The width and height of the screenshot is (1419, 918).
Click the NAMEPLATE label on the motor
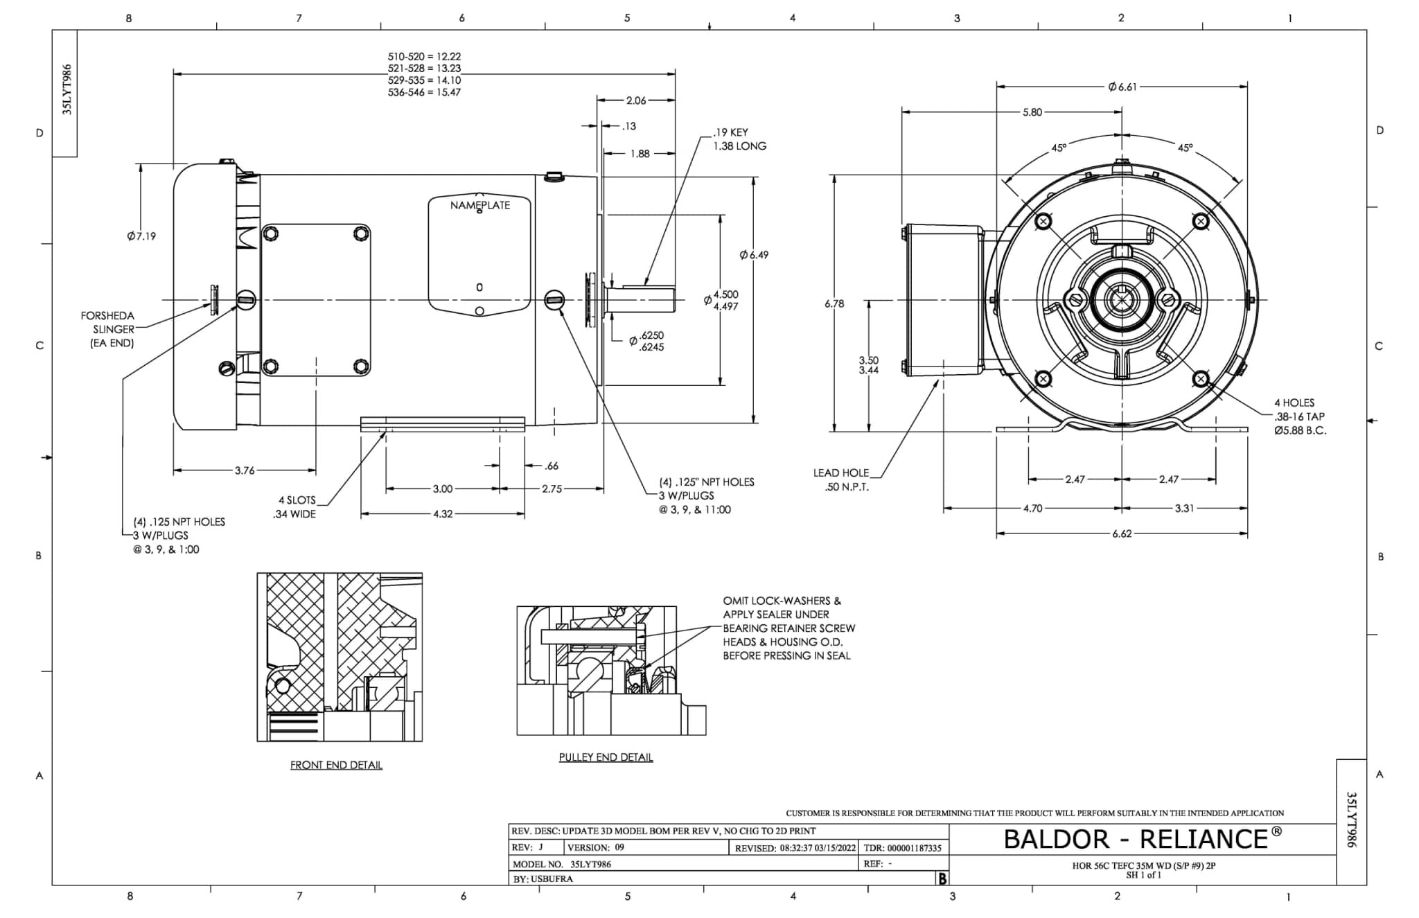[479, 205]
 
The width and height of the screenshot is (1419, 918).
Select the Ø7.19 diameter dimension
[141, 236]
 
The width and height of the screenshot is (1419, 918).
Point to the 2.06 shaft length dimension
[635, 100]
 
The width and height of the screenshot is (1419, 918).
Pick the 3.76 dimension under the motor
[245, 470]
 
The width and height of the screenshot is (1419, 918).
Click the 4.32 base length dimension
[443, 514]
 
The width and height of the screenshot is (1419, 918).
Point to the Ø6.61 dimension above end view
[1122, 87]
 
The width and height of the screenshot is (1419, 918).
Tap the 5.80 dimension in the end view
[1032, 112]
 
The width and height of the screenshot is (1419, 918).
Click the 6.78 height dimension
[834, 303]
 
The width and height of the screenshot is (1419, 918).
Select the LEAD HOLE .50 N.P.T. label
[841, 479]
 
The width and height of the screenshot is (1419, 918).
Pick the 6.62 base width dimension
[1122, 534]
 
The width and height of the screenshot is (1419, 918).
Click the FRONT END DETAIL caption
[336, 765]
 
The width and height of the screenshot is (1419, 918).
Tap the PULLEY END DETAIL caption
[606, 757]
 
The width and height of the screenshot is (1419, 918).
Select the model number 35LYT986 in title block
[590, 864]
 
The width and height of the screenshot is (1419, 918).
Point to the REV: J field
[528, 847]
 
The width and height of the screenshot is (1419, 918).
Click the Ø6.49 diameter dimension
[754, 255]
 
